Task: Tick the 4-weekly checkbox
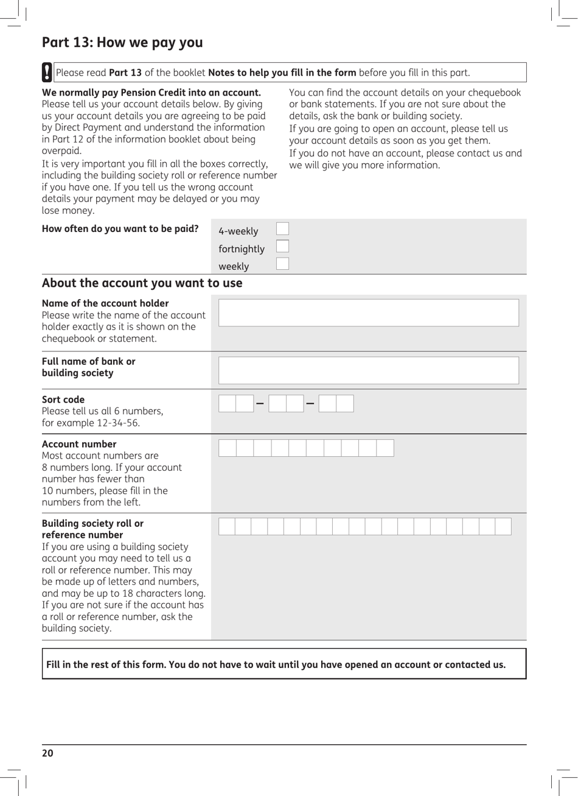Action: [x=282, y=229]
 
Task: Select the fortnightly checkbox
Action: [x=282, y=247]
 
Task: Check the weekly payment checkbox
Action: [x=282, y=264]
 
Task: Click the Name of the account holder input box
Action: [x=368, y=313]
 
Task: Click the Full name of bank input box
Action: [x=368, y=370]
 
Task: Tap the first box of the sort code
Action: [x=227, y=404]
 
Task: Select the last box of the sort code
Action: [x=345, y=404]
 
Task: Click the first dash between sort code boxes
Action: [x=260, y=404]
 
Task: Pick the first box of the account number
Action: [x=227, y=448]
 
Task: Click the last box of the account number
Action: [x=385, y=448]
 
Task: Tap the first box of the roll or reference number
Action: [x=226, y=527]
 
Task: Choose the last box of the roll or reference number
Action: [x=503, y=527]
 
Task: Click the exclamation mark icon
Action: [x=47, y=72]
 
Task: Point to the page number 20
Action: [x=47, y=753]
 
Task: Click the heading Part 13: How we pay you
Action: [x=122, y=43]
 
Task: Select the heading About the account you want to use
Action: [x=142, y=283]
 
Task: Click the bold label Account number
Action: [x=79, y=444]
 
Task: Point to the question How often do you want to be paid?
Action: [x=120, y=229]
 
